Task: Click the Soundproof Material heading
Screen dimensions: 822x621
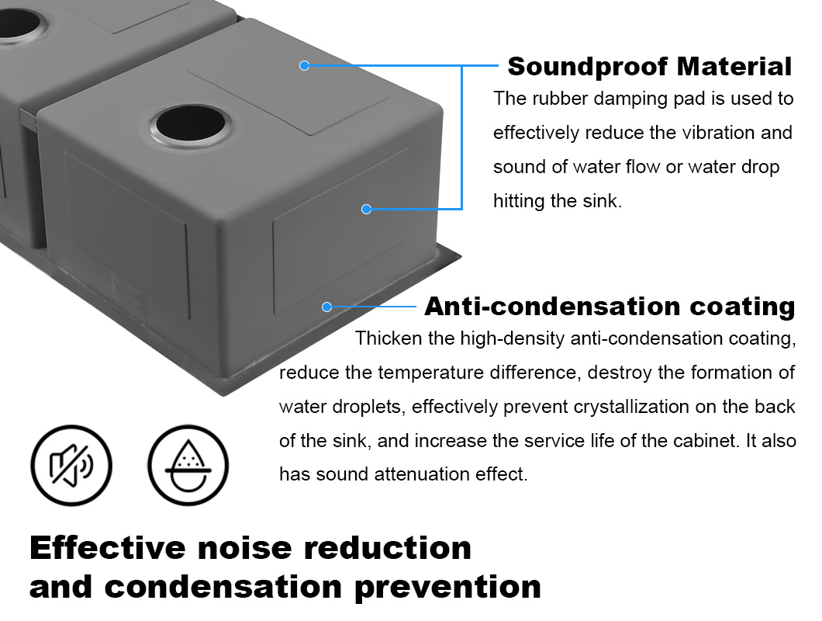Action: pyautogui.click(x=650, y=67)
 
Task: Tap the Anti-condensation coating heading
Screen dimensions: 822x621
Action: pyautogui.click(x=610, y=307)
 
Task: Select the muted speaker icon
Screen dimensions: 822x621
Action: pyautogui.click(x=71, y=465)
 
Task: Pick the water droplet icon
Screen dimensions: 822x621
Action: pyautogui.click(x=188, y=465)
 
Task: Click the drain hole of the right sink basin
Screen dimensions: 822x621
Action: pyautogui.click(x=191, y=124)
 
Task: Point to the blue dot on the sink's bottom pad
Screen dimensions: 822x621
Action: pyautogui.click(x=304, y=66)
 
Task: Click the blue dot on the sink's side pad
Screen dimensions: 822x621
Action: pyautogui.click(x=367, y=209)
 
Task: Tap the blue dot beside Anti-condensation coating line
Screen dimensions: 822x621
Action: pyautogui.click(x=327, y=307)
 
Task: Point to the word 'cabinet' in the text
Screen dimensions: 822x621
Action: pyautogui.click(x=706, y=441)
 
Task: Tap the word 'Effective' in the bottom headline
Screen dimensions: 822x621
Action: pyautogui.click(x=108, y=548)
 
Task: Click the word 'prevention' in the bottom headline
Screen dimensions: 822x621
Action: pyautogui.click(x=447, y=588)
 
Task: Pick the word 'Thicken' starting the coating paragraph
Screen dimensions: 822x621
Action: pyautogui.click(x=389, y=338)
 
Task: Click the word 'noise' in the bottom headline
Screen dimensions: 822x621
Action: pyautogui.click(x=244, y=548)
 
